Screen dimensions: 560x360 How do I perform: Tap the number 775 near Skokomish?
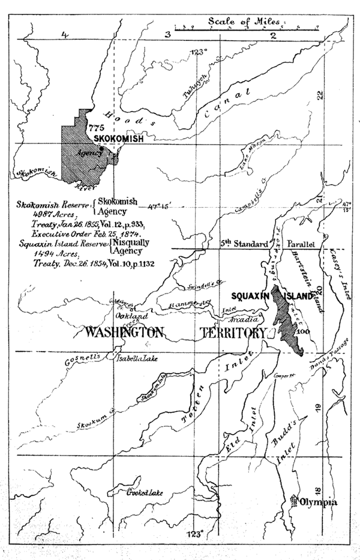click(x=96, y=128)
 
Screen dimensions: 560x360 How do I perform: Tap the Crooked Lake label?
click(x=142, y=493)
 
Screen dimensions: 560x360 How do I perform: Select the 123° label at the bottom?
click(x=194, y=532)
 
